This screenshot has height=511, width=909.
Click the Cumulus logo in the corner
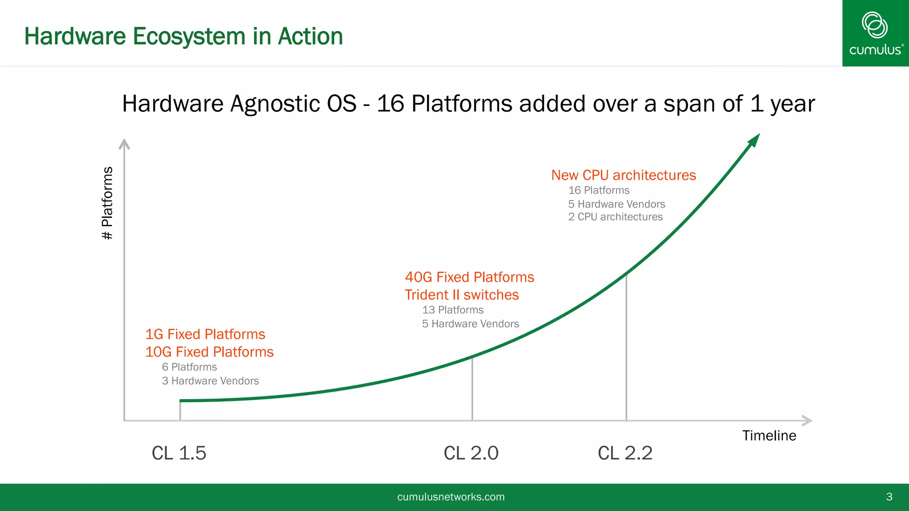point(875,33)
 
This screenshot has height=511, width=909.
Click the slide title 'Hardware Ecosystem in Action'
point(183,36)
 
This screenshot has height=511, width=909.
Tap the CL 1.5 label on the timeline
point(179,453)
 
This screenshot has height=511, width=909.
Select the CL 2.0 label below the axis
point(471,453)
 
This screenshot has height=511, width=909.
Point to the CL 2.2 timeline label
point(625,453)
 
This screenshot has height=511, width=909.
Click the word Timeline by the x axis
point(769,436)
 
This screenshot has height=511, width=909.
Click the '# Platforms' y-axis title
point(107,203)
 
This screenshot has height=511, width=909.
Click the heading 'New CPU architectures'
point(623,175)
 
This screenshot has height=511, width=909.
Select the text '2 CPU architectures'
point(615,217)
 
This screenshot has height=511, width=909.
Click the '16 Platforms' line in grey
point(599,190)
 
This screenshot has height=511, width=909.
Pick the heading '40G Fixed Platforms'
point(469,277)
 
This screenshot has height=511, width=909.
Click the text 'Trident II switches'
point(462,295)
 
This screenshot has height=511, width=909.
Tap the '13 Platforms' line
point(453,310)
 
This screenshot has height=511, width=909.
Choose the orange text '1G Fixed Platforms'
point(205,334)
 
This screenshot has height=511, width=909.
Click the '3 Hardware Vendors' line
point(210,381)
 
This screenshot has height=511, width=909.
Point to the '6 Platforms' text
point(190,367)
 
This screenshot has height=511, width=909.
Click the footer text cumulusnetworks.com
point(451,497)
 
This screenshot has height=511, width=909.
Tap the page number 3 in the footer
point(889,497)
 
